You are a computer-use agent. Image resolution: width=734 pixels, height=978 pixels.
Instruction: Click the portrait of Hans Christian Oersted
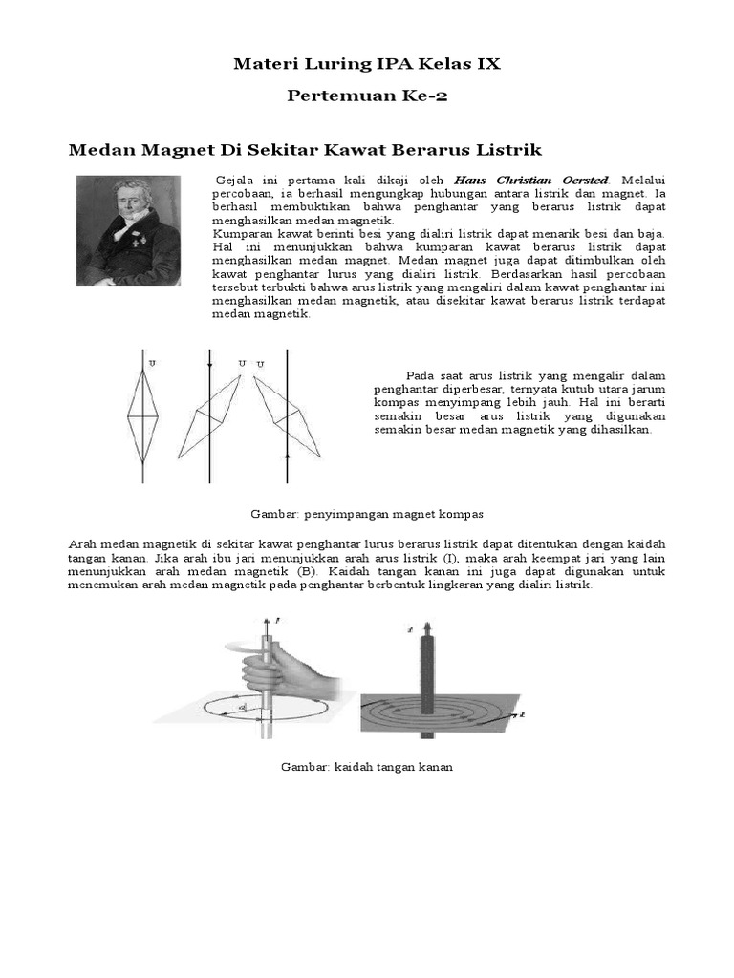point(128,230)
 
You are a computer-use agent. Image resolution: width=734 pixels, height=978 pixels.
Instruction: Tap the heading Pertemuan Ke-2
point(367,98)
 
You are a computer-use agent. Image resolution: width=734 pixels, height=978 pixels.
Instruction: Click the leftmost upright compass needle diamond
point(142,415)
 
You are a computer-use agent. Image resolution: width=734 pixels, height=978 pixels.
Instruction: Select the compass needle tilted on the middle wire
point(212,416)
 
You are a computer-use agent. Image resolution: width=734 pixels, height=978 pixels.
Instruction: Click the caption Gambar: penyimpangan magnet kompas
point(367,514)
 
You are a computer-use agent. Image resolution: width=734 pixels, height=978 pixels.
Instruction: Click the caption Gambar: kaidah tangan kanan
point(367,767)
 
